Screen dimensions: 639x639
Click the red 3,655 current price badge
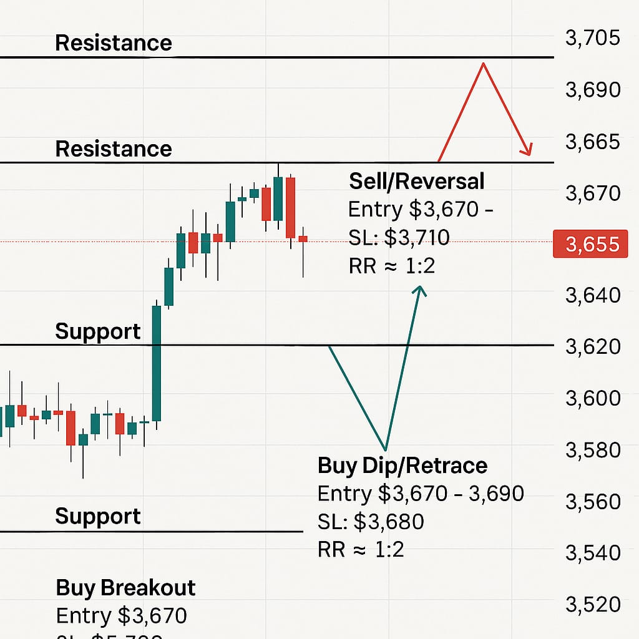590,244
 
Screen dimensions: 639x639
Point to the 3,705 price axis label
592,38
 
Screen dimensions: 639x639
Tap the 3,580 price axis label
592,449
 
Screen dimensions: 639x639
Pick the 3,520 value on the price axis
592,604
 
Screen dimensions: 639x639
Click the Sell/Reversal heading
416,181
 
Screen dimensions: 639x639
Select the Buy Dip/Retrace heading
402,466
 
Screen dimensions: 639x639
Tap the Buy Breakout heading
125,588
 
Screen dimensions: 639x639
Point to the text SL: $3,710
399,238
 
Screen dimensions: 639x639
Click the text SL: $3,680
371,522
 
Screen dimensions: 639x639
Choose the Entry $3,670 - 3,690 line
421,494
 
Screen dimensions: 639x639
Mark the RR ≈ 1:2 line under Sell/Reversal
391,266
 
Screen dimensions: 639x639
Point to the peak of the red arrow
482,64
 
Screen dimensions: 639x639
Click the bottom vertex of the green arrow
386,449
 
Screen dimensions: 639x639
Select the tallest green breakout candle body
157,363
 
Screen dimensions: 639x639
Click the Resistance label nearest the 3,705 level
113,43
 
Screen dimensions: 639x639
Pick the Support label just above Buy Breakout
98,516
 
